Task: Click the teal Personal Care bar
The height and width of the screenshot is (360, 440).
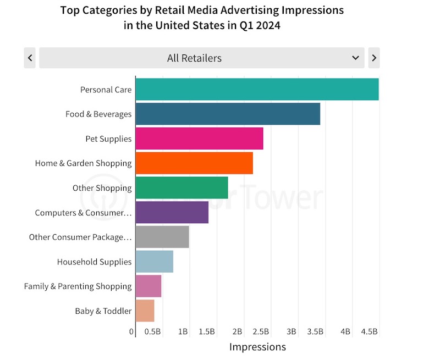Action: tap(257, 89)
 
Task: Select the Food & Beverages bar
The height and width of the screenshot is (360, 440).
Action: tap(228, 114)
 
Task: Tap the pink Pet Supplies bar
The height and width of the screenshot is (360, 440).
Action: tap(199, 139)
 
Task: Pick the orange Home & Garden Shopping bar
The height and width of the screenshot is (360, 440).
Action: tap(194, 163)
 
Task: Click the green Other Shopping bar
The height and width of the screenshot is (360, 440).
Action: tap(182, 187)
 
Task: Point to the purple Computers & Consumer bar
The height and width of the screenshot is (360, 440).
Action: tap(172, 212)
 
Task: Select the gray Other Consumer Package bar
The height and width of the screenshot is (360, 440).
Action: tap(162, 237)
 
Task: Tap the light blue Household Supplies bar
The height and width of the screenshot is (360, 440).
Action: tap(154, 262)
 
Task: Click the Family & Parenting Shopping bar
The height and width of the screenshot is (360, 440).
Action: tap(148, 286)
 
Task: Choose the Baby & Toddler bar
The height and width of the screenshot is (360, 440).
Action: tap(145, 311)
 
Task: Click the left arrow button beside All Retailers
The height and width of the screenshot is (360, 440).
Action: tap(30, 58)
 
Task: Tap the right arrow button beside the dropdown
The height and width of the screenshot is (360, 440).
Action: tap(374, 58)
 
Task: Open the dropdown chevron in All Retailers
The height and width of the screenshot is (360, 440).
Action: tap(355, 58)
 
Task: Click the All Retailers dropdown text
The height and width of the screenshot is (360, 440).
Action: tap(194, 58)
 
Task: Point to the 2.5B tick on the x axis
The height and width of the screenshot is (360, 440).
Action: tap(261, 332)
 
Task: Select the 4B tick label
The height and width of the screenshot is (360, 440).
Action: tap(345, 332)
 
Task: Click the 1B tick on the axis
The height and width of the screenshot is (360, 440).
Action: tap(183, 332)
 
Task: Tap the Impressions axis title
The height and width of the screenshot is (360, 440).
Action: tap(257, 347)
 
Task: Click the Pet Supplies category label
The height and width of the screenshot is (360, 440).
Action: tap(108, 139)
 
